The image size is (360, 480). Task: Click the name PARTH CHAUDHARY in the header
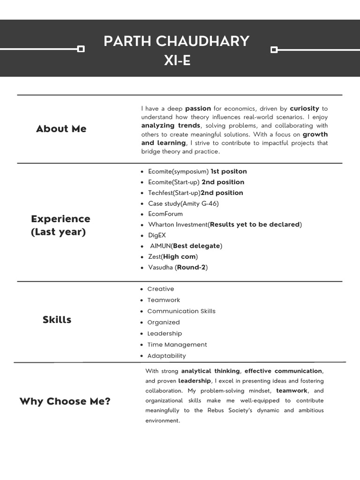[x=176, y=41]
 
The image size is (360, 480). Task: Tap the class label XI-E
[x=177, y=60]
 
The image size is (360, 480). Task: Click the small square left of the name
[x=81, y=49]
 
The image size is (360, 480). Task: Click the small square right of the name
[x=274, y=49]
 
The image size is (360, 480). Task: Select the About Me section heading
[x=61, y=129]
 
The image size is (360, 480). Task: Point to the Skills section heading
[x=57, y=320]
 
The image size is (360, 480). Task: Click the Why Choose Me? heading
[x=65, y=401]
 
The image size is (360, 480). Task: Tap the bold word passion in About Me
[x=198, y=108]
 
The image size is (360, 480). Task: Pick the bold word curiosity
[x=304, y=108]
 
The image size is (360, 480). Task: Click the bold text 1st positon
[x=228, y=172]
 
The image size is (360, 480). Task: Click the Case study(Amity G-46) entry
[x=183, y=203]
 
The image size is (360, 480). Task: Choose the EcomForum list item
[x=165, y=214]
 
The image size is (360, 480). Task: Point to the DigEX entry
[x=157, y=235]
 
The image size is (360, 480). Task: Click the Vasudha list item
[x=178, y=267]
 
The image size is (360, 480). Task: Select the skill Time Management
[x=177, y=345]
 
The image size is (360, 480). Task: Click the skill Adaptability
[x=166, y=356]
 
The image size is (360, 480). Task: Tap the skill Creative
[x=160, y=289]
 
